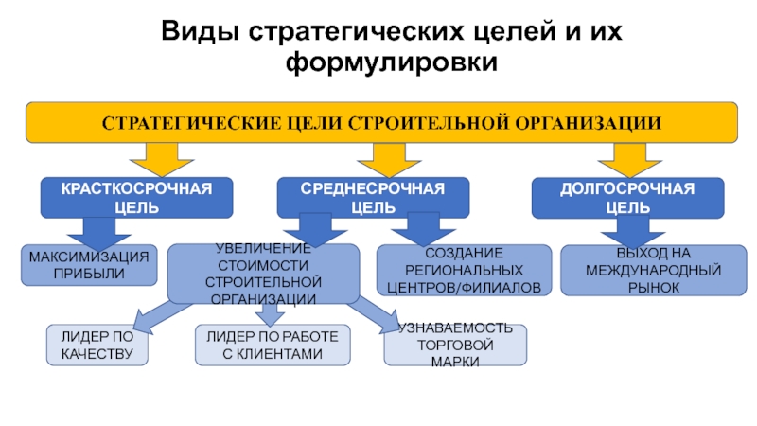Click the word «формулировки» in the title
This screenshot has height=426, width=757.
pyautogui.click(x=392, y=62)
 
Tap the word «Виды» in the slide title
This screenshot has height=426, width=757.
pyautogui.click(x=200, y=32)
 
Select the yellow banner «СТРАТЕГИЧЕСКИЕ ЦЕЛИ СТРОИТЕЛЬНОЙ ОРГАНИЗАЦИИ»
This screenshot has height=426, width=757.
pyautogui.click(x=381, y=122)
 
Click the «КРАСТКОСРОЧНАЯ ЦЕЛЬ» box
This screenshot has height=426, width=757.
pyautogui.click(x=136, y=198)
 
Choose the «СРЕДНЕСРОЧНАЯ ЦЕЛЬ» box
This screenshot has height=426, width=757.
pyautogui.click(x=373, y=198)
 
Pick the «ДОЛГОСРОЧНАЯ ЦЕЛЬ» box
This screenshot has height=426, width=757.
pyautogui.click(x=627, y=198)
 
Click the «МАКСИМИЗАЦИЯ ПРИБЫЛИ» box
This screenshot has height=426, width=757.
pyautogui.click(x=89, y=265)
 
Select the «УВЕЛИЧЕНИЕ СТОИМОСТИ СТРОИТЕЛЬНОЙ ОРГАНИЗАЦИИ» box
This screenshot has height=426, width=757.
pyautogui.click(x=263, y=274)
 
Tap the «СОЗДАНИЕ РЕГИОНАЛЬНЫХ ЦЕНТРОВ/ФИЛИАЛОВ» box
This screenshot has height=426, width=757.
pyautogui.click(x=464, y=270)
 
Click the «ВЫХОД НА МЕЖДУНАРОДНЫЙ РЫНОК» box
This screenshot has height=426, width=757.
pyautogui.click(x=654, y=270)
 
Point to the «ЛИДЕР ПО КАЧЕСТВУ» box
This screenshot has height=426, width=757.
pyautogui.click(x=97, y=345)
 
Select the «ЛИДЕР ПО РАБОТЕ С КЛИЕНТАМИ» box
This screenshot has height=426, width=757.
pyautogui.click(x=273, y=345)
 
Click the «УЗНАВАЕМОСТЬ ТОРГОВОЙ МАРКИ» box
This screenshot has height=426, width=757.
pyautogui.click(x=455, y=345)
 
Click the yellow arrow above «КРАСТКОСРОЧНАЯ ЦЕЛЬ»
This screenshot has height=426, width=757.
pyautogui.click(x=162, y=160)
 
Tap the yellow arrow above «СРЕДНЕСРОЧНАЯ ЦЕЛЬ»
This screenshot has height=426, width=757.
pyautogui.click(x=389, y=160)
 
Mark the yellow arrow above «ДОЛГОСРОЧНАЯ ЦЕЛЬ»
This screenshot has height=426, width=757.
pyautogui.click(x=629, y=160)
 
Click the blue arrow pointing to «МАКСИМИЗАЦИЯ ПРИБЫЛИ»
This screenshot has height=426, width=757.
pyautogui.click(x=99, y=234)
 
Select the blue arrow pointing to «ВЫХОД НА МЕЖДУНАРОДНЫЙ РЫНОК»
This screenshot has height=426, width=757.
pyautogui.click(x=633, y=233)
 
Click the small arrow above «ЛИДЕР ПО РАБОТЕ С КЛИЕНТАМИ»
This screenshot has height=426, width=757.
pyautogui.click(x=270, y=314)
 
